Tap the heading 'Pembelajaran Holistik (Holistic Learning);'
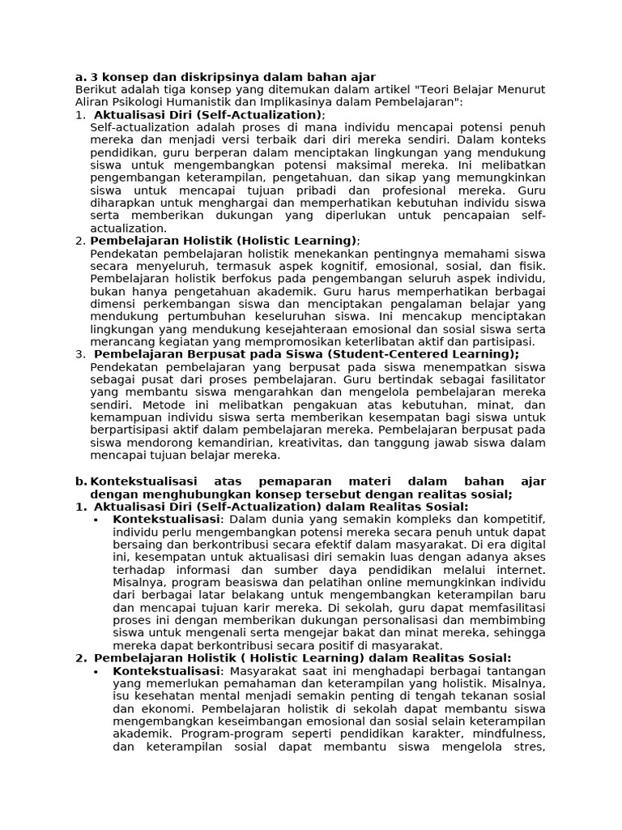pos(225,241)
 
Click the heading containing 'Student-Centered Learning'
pos(306,354)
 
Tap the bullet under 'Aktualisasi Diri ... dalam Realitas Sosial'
pos(96,520)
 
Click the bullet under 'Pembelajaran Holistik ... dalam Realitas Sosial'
pos(96,671)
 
